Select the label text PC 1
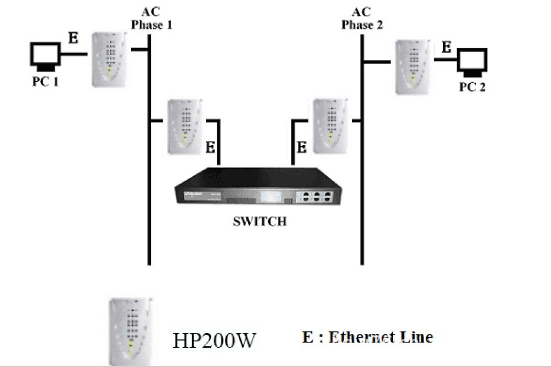(45, 81)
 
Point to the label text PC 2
(472, 87)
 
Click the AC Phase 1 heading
(151, 18)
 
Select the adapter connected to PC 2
(414, 66)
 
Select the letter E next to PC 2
(447, 47)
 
